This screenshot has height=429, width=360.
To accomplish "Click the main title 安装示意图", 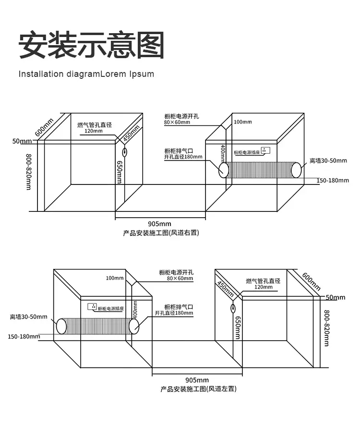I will click(x=91, y=45).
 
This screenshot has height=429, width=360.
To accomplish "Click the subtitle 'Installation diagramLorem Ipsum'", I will click(x=86, y=74).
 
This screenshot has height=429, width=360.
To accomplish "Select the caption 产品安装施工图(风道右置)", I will click(x=161, y=233).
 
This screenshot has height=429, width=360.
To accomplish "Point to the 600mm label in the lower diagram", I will click(x=311, y=281).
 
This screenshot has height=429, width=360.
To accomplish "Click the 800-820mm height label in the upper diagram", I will click(x=28, y=172).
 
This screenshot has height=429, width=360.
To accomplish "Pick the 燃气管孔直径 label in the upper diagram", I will click(x=95, y=125).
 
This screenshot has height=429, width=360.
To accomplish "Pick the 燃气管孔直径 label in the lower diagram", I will click(x=263, y=281).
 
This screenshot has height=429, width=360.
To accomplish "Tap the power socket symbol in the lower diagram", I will click(x=91, y=306).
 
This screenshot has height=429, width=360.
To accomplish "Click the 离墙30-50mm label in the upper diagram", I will click(x=328, y=160).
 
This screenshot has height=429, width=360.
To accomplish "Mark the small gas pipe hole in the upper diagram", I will click(x=124, y=153).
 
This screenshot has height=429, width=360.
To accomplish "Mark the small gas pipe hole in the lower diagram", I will click(x=233, y=308).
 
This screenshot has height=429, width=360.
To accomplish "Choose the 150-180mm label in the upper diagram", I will click(x=333, y=180).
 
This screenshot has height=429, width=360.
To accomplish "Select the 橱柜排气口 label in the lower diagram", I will click(x=178, y=306).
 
